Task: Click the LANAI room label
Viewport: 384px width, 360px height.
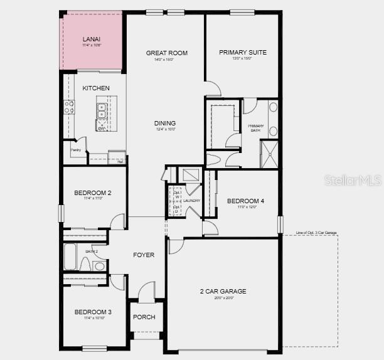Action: pyautogui.click(x=92, y=40)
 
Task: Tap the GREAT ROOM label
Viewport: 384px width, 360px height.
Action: pyautogui.click(x=167, y=53)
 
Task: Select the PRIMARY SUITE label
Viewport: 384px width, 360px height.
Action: pyautogui.click(x=243, y=53)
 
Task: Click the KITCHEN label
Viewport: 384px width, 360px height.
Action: pyautogui.click(x=96, y=88)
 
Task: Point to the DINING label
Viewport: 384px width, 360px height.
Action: pyautogui.click(x=165, y=124)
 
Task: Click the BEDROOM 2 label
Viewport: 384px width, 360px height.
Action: pyautogui.click(x=93, y=193)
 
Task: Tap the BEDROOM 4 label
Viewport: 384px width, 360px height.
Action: pyautogui.click(x=245, y=201)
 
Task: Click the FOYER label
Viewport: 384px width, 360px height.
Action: pyautogui.click(x=144, y=255)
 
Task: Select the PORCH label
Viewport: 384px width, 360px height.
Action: pyautogui.click(x=144, y=317)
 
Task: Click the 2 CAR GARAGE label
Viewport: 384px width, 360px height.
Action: pyautogui.click(x=223, y=292)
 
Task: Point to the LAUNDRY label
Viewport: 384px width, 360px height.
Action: pyautogui.click(x=191, y=201)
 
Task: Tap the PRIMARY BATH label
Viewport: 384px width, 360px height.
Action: pyautogui.click(x=256, y=128)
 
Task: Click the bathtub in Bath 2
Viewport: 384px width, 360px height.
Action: pyautogui.click(x=70, y=256)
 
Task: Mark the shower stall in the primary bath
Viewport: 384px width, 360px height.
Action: pyautogui.click(x=270, y=154)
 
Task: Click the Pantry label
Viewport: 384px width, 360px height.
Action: pyautogui.click(x=76, y=150)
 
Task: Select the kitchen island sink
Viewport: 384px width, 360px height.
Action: pyautogui.click(x=101, y=111)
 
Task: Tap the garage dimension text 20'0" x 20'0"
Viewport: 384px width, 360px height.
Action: pyautogui.click(x=223, y=299)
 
